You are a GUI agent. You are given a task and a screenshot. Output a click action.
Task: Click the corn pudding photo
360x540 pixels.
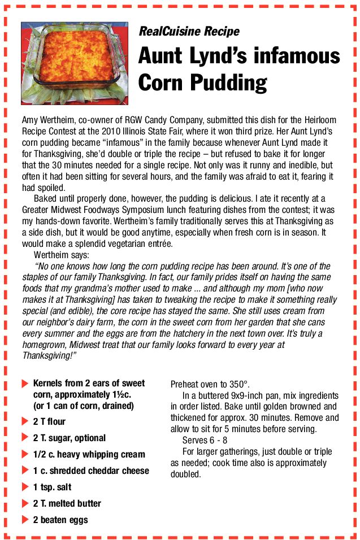point(75,63)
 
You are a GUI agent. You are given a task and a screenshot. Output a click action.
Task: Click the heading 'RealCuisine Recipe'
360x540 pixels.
point(189,32)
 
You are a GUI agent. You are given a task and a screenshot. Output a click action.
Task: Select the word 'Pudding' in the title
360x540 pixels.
point(228,82)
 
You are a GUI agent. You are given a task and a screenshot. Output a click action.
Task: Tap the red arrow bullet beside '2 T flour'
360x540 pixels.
point(25,421)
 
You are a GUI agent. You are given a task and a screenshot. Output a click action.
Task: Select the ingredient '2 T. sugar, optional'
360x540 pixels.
point(69,438)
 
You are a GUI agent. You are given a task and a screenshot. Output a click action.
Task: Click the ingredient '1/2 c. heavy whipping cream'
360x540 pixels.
point(89,454)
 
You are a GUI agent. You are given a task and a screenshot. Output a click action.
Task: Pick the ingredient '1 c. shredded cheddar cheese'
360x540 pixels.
point(91,471)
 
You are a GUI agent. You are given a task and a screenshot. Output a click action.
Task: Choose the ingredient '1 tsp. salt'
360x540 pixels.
point(52,487)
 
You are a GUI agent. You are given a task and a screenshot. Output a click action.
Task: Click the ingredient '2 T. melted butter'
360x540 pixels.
point(67,503)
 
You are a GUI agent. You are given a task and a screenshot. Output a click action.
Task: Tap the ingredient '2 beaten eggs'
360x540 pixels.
point(60,520)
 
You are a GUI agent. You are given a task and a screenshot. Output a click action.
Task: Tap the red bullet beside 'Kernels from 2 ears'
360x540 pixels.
point(25,383)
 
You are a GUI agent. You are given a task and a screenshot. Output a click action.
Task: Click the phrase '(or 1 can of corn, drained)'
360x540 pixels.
point(83,406)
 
